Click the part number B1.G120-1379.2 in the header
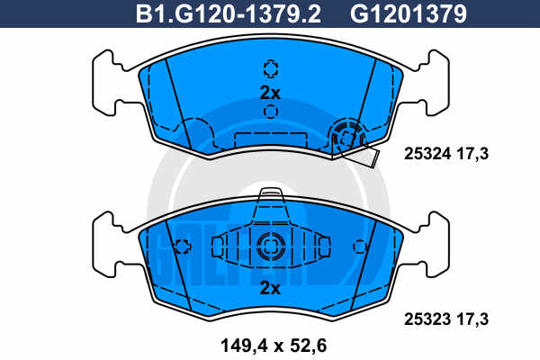click(x=229, y=14)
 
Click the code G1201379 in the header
click(x=409, y=14)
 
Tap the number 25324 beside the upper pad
click(x=427, y=154)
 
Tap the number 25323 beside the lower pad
click(x=427, y=319)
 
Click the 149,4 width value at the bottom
click(x=244, y=346)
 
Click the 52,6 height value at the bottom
click(x=308, y=346)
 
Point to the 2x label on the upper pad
click(x=270, y=93)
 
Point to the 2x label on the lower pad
click(x=270, y=288)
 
